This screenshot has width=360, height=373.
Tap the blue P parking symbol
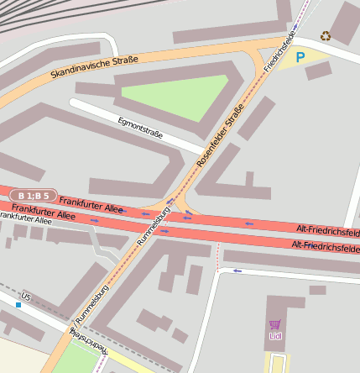pyautogui.click(x=300, y=58)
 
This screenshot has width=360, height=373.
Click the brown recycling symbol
pyautogui.click(x=326, y=36)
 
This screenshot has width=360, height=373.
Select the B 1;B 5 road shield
pyautogui.click(x=34, y=196)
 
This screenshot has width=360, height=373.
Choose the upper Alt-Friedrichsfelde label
pyautogui.click(x=328, y=229)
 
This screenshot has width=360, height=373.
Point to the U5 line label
pyautogui.click(x=26, y=297)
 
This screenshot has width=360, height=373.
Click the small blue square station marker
pyautogui.click(x=18, y=305)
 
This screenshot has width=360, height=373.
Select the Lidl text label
pyautogui.click(x=275, y=337)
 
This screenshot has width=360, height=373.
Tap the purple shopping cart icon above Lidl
pyautogui.click(x=275, y=325)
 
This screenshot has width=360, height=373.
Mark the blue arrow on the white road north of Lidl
pyautogui.click(x=237, y=271)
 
